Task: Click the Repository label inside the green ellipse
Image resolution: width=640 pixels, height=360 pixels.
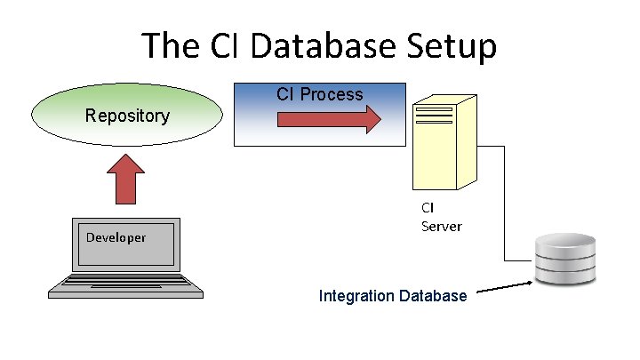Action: [127, 116]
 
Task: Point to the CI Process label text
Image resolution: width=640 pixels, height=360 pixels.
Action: [319, 94]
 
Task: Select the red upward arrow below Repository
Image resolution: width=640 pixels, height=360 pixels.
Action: [127, 178]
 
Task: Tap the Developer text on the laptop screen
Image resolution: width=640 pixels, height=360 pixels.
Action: [116, 237]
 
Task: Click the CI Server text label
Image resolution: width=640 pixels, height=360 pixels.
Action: [441, 217]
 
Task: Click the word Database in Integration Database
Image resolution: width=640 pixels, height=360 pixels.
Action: [432, 295]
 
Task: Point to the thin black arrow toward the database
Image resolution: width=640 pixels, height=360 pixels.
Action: [504, 287]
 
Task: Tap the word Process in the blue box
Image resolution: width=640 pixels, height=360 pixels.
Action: [332, 94]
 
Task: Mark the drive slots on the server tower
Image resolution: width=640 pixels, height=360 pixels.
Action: [433, 116]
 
